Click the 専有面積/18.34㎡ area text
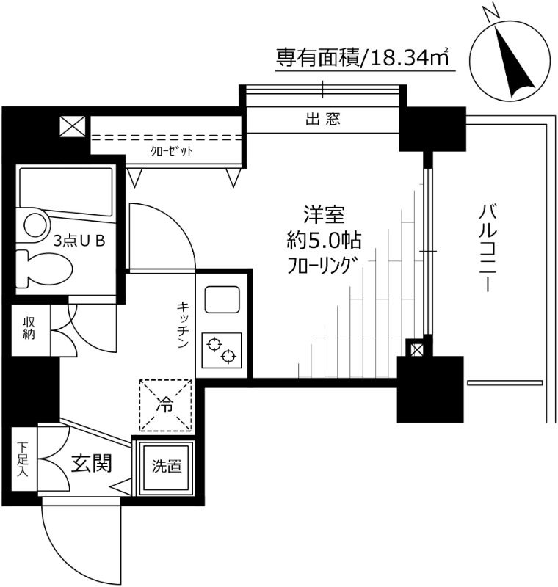pyautogui.click(x=362, y=57)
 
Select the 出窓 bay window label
pyautogui.click(x=322, y=119)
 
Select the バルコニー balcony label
pyautogui.click(x=485, y=249)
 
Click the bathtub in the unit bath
pyautogui.click(x=65, y=191)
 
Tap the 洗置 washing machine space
pyautogui.click(x=166, y=467)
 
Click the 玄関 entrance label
pyautogui.click(x=91, y=463)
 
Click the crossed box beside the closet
pyautogui.click(x=73, y=127)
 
